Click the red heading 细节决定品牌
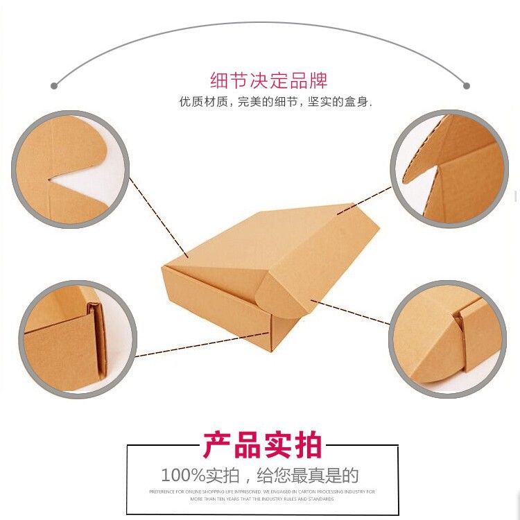268,80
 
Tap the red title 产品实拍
263,445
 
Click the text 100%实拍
200,476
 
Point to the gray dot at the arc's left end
54,86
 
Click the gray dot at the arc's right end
467,86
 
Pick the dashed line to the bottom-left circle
201,346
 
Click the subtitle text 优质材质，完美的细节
239,102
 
